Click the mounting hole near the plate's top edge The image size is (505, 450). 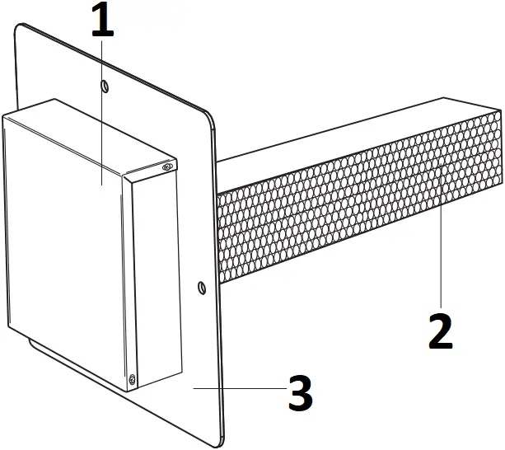104,86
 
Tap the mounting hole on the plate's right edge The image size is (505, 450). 201,288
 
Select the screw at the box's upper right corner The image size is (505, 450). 167,167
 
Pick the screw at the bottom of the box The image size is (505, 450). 133,380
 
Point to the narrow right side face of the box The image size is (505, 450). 157,272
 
